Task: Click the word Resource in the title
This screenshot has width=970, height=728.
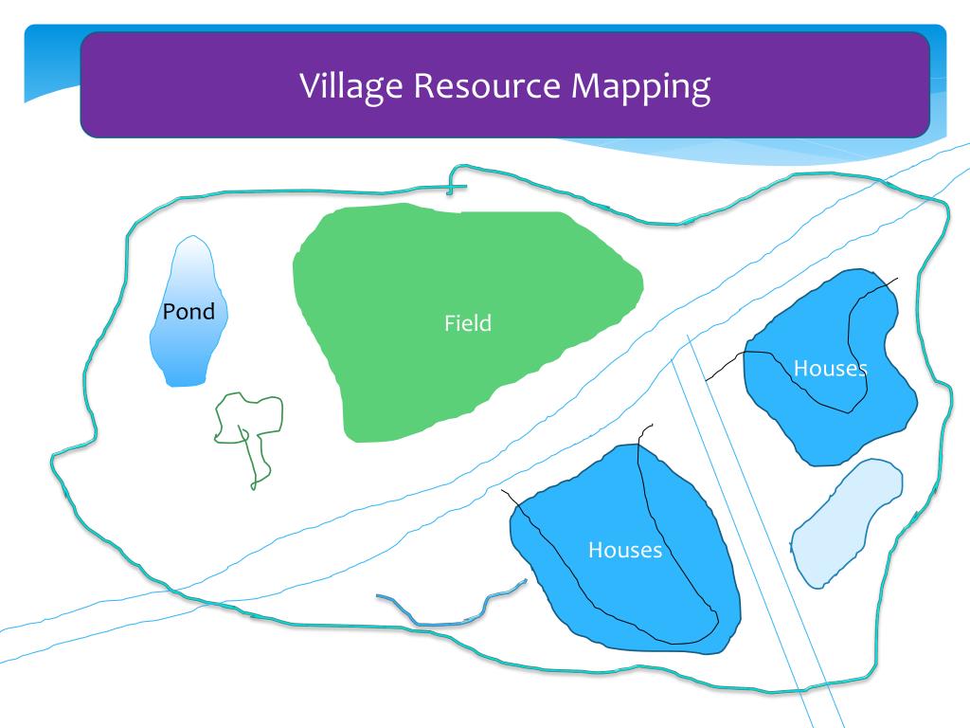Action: (x=485, y=86)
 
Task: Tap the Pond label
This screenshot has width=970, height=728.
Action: (x=189, y=312)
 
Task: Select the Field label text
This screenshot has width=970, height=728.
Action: (x=468, y=323)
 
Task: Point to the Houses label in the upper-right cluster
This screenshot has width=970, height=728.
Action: (x=830, y=368)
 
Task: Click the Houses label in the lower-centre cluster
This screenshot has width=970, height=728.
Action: (x=624, y=550)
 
